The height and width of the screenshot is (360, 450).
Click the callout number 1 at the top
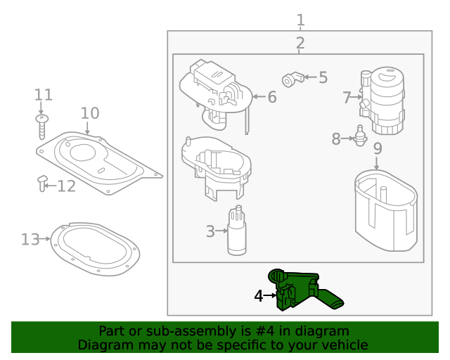[x=300, y=19]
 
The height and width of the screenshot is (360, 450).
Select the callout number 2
[x=300, y=44]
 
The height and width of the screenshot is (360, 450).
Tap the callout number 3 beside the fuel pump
[x=210, y=230]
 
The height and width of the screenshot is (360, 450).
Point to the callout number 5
[x=323, y=77]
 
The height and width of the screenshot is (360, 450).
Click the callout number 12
[x=66, y=186]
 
